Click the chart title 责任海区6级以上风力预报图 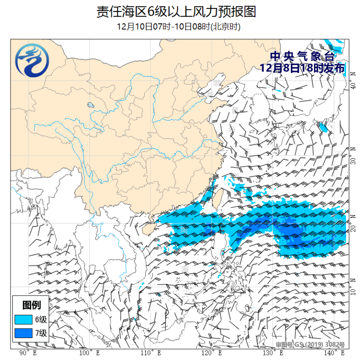(x=176, y=11)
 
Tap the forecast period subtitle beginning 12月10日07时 (x=179, y=27)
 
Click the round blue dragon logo (x=32, y=62)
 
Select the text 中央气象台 (x=302, y=56)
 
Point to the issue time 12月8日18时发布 (x=302, y=68)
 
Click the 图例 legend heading (x=31, y=305)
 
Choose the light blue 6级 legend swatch (x=23, y=320)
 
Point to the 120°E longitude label (x=211, y=352)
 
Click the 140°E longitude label (x=336, y=352)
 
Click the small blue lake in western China (x=90, y=105)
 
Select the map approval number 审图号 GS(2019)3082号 (x=311, y=344)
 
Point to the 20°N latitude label (x=353, y=228)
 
